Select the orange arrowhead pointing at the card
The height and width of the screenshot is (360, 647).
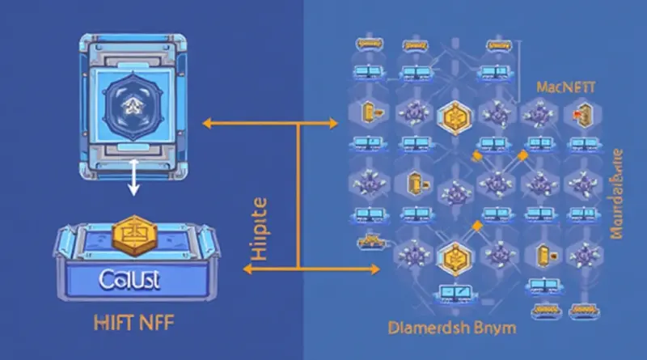[x=206, y=124]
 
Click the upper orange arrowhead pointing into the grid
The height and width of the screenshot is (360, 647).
[x=332, y=124]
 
